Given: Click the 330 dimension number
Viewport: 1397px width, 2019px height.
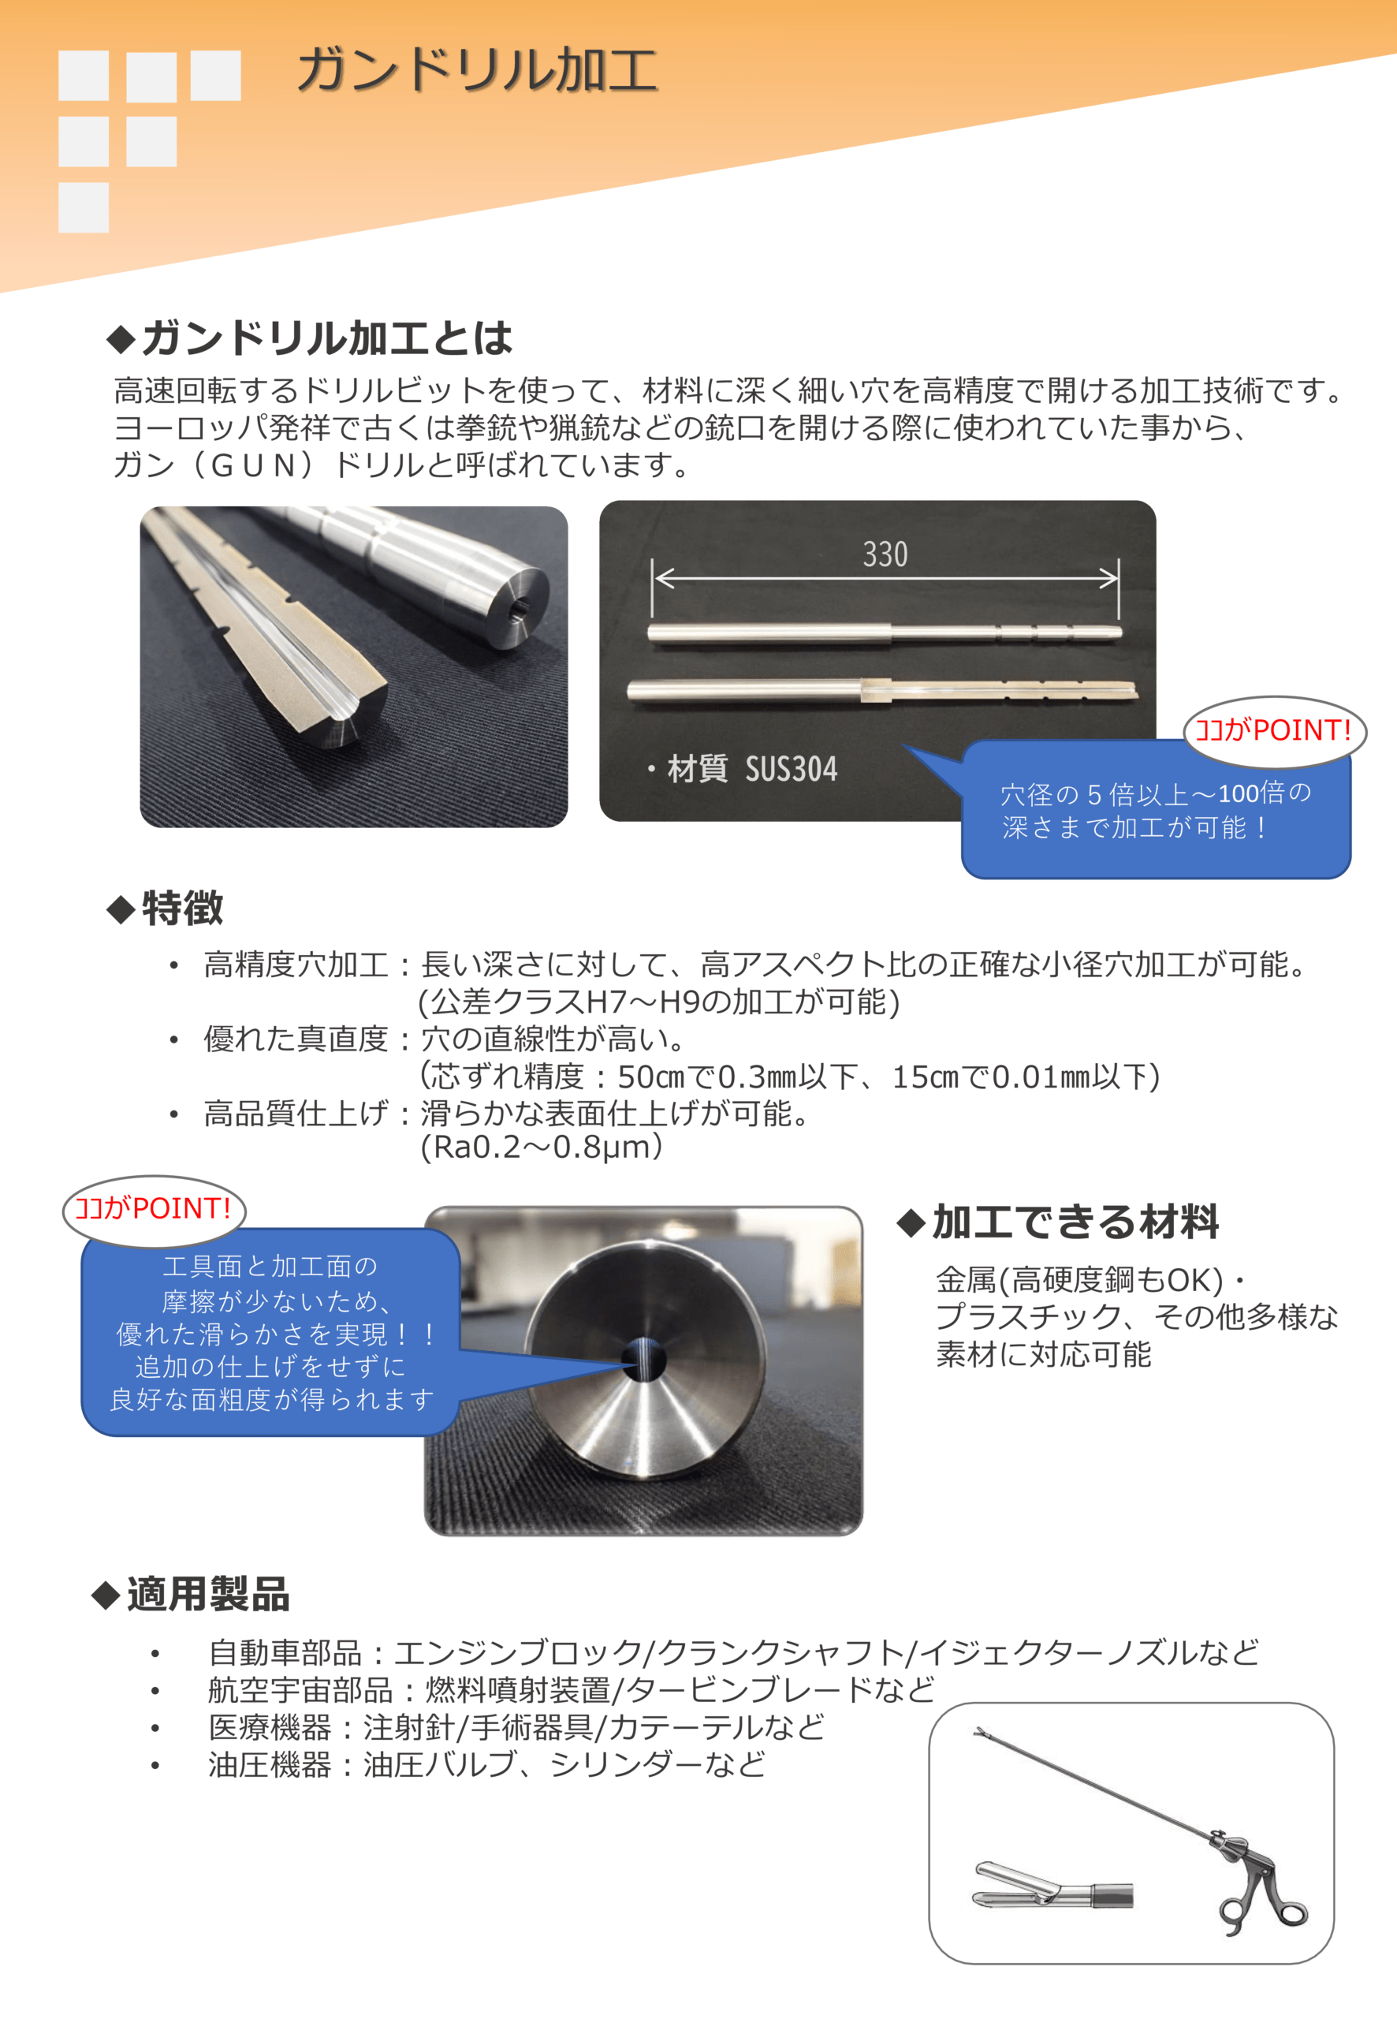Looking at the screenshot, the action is [x=885, y=554].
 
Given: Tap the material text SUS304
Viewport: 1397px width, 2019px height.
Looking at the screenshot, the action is [x=792, y=769].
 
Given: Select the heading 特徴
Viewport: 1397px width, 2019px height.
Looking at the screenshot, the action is [x=165, y=908].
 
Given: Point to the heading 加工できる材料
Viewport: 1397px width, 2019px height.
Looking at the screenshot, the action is [x=1058, y=1222].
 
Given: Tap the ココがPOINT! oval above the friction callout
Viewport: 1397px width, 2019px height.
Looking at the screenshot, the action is [x=154, y=1210].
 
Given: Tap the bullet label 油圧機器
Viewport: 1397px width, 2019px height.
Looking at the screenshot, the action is [x=270, y=1764].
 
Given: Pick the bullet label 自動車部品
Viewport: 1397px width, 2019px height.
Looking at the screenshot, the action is [x=285, y=1653].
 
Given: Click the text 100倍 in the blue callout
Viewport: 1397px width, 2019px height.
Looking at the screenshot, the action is [x=1251, y=793].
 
